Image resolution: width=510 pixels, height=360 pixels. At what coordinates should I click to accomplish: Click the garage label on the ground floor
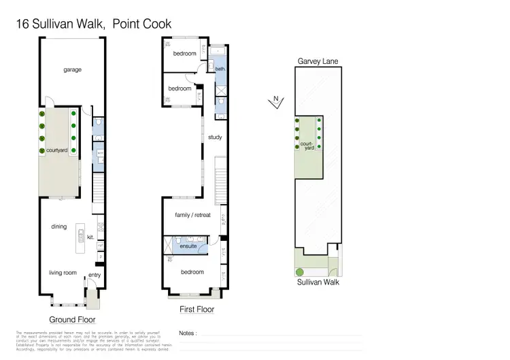pos(73,69)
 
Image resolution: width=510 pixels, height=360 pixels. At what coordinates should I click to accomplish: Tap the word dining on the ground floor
pos(59,226)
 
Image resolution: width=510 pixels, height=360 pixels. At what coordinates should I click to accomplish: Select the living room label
pos(62,273)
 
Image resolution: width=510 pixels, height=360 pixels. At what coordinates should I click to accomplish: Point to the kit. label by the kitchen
pos(90,238)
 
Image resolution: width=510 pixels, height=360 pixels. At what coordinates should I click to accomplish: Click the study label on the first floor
pos(215,137)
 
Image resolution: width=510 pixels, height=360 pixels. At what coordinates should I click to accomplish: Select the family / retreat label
pos(193,215)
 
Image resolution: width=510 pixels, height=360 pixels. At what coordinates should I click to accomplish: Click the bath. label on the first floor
pos(220,69)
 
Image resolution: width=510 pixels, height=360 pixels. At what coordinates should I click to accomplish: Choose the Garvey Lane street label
pos(318,61)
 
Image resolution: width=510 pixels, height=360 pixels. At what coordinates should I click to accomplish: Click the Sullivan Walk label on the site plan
pos(318,282)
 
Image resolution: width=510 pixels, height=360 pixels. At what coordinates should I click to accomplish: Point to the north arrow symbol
pos(275,102)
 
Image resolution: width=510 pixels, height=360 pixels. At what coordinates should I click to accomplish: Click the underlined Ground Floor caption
pos(72,319)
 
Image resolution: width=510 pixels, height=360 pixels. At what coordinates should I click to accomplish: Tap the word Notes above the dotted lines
pos(188,333)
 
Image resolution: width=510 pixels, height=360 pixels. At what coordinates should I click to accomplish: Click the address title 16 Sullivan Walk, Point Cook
pos(93,24)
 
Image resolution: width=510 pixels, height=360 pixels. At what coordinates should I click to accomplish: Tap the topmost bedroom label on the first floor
pos(184,53)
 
